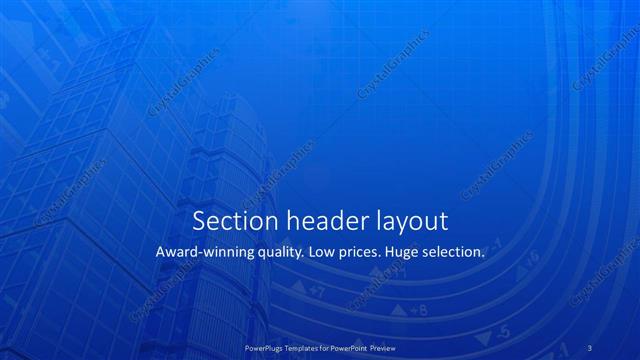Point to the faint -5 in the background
(x=503, y=331)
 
